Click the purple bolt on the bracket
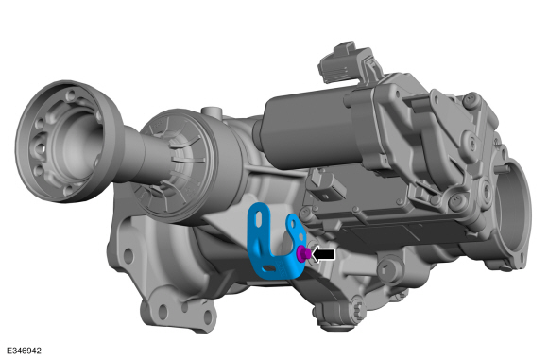pos(303,252)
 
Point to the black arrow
pos(323,254)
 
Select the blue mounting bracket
pos(273,241)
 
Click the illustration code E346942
pos(24,351)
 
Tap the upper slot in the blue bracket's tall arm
pos(259,219)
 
